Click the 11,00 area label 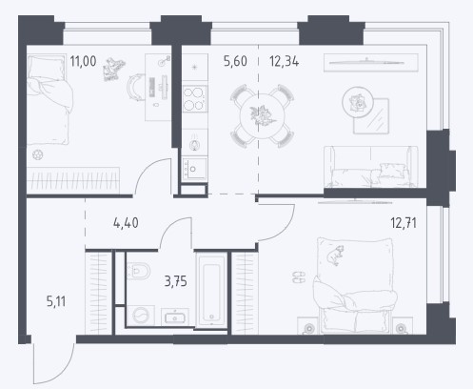(83, 61)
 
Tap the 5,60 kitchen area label (235, 61)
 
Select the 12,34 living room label (284, 61)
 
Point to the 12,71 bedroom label (404, 223)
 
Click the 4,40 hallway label (126, 223)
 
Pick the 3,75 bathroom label (176, 281)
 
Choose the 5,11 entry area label (56, 301)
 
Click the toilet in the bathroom (138, 271)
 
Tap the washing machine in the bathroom (141, 316)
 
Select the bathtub (211, 290)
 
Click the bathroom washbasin (175, 317)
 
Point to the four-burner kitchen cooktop (195, 99)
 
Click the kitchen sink (195, 169)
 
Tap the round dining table (262, 116)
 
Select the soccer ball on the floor (38, 154)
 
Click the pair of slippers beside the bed (299, 276)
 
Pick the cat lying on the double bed (336, 256)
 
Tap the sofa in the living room (370, 167)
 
